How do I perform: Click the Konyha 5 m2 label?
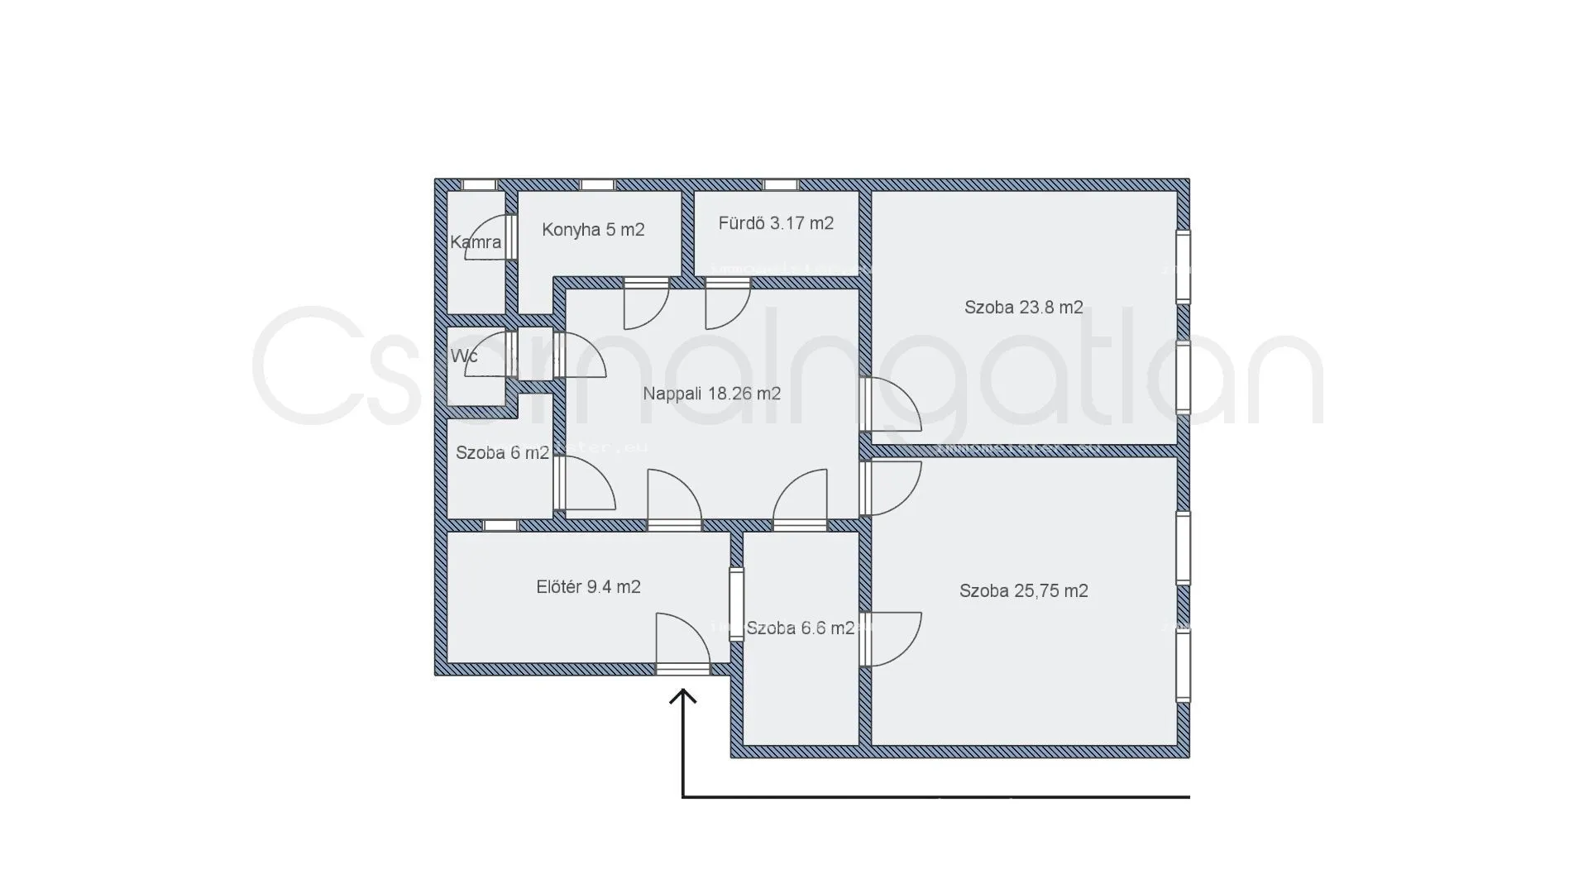click(593, 230)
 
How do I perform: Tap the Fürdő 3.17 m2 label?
click(776, 223)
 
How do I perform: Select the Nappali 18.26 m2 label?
click(711, 394)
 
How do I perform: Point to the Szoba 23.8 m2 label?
click(1023, 308)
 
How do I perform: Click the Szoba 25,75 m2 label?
click(1023, 591)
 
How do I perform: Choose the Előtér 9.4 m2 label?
click(588, 587)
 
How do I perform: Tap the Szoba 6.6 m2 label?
click(800, 628)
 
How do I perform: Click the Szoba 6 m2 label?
click(502, 453)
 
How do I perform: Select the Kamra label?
click(476, 242)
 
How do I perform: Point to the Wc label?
click(464, 356)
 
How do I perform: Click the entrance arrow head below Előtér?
click(682, 697)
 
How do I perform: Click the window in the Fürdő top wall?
click(780, 184)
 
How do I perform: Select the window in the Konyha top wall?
click(597, 184)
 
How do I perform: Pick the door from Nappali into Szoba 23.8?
click(889, 404)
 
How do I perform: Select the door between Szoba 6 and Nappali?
click(584, 483)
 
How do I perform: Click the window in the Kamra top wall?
click(478, 184)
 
